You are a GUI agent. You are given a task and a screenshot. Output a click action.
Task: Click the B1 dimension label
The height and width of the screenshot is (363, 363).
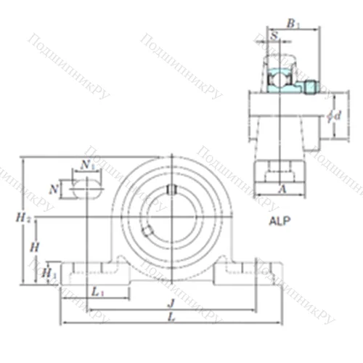292,25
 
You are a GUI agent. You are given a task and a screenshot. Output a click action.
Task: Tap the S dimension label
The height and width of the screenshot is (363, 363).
274,36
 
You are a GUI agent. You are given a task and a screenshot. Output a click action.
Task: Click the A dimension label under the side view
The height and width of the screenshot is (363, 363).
282,187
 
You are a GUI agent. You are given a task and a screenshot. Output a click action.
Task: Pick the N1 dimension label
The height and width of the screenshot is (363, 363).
87,166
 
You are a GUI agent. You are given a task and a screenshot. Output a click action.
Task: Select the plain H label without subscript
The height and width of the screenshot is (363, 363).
34,247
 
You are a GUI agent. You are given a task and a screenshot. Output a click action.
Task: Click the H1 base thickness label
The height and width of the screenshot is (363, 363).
49,273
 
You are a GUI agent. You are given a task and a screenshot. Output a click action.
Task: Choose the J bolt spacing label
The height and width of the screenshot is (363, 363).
169,304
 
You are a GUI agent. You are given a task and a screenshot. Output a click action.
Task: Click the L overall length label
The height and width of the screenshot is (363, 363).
168,317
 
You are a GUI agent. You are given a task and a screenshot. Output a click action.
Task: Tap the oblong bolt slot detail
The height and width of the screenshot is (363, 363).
86,189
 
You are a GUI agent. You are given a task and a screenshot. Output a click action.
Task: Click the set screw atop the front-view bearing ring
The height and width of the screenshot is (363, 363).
171,190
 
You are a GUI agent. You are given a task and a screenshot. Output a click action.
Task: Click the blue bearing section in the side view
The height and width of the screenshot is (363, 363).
277,76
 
